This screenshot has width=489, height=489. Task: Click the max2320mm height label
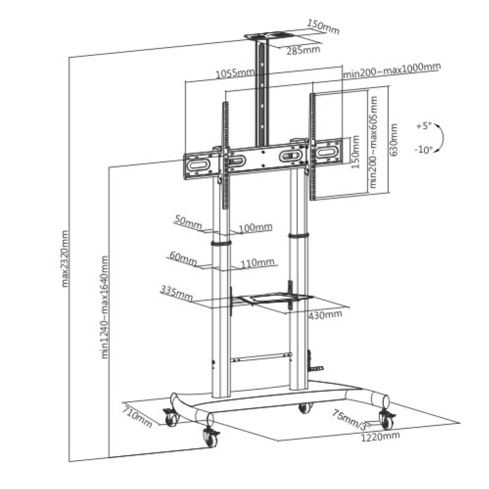point(65,259)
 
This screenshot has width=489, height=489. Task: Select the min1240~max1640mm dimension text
point(105,307)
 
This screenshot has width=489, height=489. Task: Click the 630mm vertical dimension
point(394,140)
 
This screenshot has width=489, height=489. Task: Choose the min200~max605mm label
point(373,142)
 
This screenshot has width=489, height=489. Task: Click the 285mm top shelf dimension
point(304,50)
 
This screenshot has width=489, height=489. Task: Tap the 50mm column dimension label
point(188,222)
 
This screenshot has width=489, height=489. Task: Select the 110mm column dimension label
point(258,263)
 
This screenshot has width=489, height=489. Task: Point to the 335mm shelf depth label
point(176,292)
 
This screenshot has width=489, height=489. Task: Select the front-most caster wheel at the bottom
point(210,438)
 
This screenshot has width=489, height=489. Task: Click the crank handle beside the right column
point(314,362)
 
